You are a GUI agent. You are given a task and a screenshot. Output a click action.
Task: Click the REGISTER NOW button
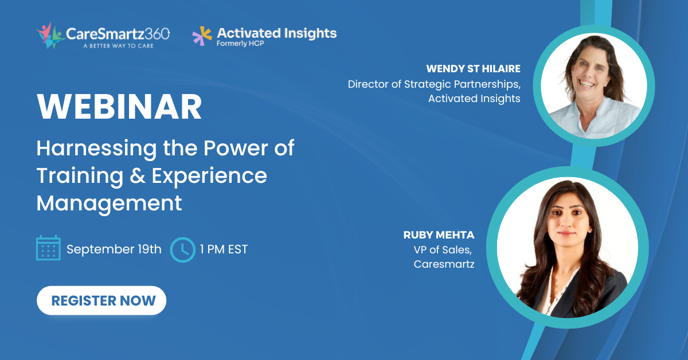[101, 300]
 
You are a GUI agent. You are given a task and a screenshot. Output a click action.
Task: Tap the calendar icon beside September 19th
[48, 248]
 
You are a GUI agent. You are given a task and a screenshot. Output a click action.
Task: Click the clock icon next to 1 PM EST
[183, 250]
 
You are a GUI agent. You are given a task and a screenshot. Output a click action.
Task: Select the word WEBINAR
[119, 107]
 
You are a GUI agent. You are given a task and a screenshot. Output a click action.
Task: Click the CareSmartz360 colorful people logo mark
[50, 36]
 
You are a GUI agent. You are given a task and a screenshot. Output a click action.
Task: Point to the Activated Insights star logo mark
[202, 36]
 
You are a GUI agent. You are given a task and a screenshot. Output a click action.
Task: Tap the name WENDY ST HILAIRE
[474, 69]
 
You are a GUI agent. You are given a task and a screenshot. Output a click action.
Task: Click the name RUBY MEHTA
[439, 235]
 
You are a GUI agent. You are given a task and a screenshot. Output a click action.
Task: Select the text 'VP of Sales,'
[443, 250]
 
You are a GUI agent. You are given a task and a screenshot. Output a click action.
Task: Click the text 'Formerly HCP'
[240, 44]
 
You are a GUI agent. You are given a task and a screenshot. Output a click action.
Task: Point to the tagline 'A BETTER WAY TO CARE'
[119, 46]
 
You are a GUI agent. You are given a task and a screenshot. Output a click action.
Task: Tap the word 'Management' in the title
[110, 204]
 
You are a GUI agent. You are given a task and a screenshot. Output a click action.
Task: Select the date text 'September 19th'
[114, 249]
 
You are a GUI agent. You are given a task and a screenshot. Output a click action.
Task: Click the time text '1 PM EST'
[224, 249]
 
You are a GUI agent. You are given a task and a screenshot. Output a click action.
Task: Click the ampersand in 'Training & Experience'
[137, 176]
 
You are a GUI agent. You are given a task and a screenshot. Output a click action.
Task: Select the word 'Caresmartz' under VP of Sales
[444, 264]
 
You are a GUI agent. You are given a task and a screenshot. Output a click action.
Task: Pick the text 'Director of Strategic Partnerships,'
[434, 84]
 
